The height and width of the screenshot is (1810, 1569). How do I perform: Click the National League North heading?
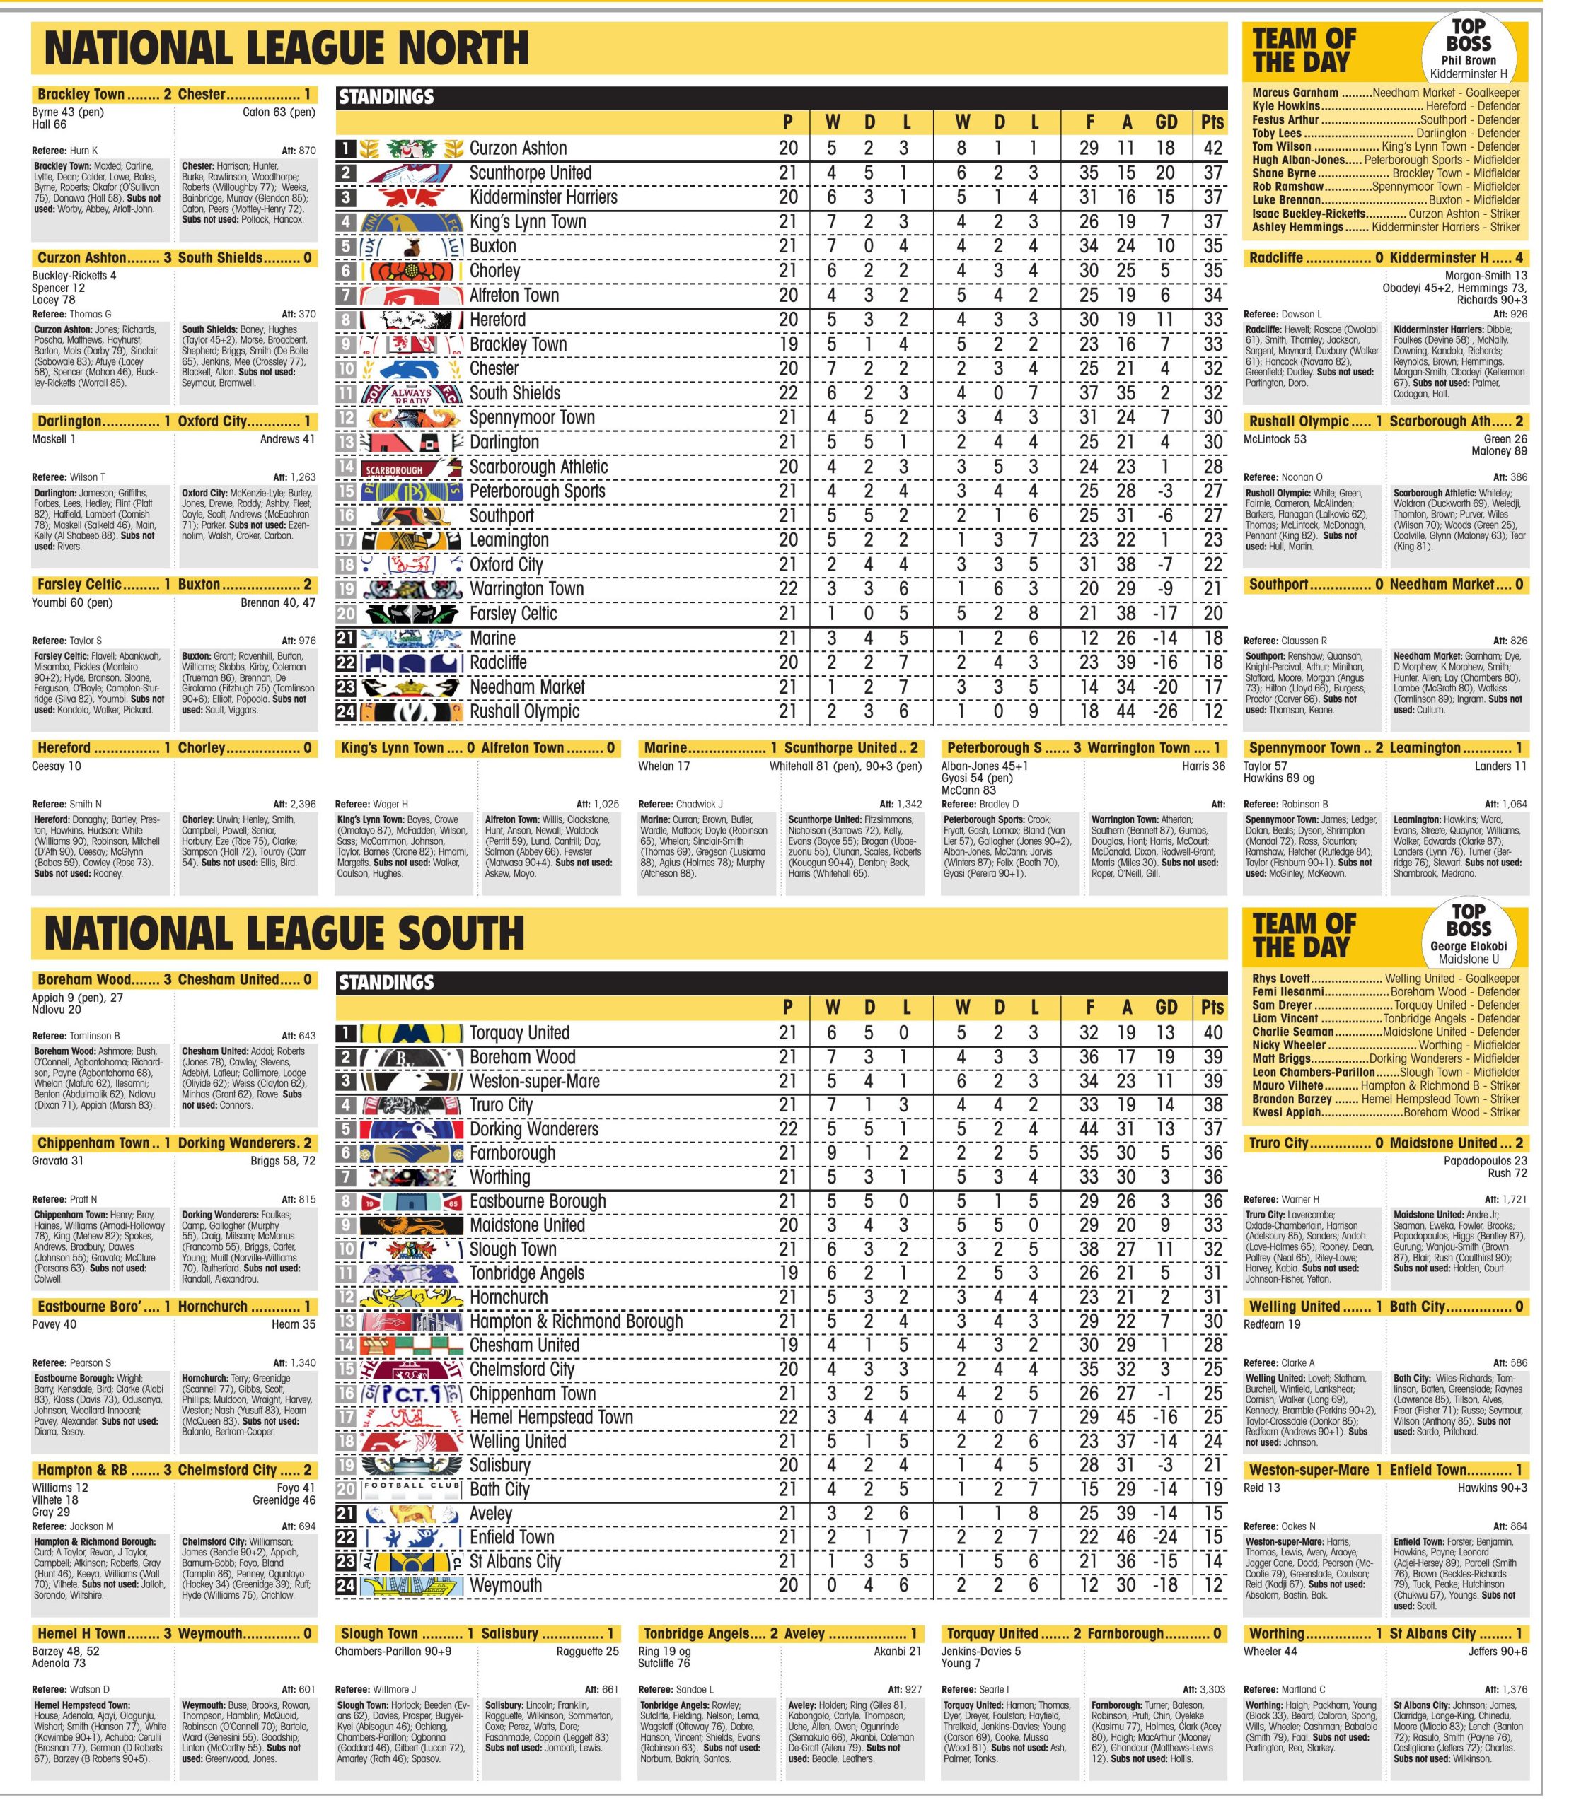[286, 48]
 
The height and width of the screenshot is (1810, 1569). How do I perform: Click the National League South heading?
[284, 933]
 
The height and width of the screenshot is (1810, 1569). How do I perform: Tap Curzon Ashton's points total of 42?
[1212, 148]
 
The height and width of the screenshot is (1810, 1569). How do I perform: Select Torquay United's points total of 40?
[1212, 1034]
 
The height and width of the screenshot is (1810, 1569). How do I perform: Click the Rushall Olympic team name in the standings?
[523, 711]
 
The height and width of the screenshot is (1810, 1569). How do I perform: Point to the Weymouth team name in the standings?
[505, 1585]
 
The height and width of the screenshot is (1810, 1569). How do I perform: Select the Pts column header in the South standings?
[1212, 1008]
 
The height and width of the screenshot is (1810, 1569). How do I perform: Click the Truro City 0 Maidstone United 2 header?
[1385, 1143]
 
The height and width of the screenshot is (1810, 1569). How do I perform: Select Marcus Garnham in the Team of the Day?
[1295, 93]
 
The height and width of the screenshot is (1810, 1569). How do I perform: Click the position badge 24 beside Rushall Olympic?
[346, 711]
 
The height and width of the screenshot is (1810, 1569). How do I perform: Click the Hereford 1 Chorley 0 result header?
[173, 748]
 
